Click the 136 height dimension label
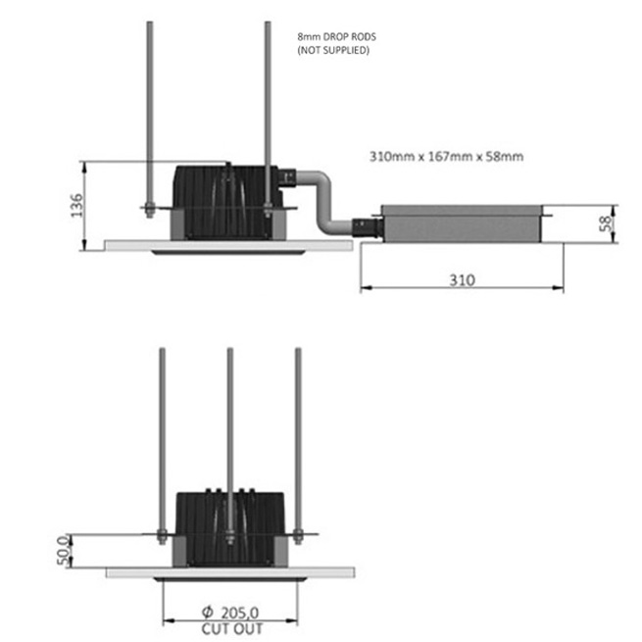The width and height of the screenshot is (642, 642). point(76,205)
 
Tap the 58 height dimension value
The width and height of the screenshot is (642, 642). point(605,223)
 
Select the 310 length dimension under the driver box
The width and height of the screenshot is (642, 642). point(463,280)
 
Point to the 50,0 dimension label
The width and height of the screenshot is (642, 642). point(63,550)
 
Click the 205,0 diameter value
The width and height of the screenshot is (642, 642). point(240,613)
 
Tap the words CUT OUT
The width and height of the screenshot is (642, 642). point(232,628)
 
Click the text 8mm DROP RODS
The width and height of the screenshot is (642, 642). point(336,37)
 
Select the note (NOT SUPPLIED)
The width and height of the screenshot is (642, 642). point(333,50)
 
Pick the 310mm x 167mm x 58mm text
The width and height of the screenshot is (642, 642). point(446,157)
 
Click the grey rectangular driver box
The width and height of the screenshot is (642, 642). point(462,223)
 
